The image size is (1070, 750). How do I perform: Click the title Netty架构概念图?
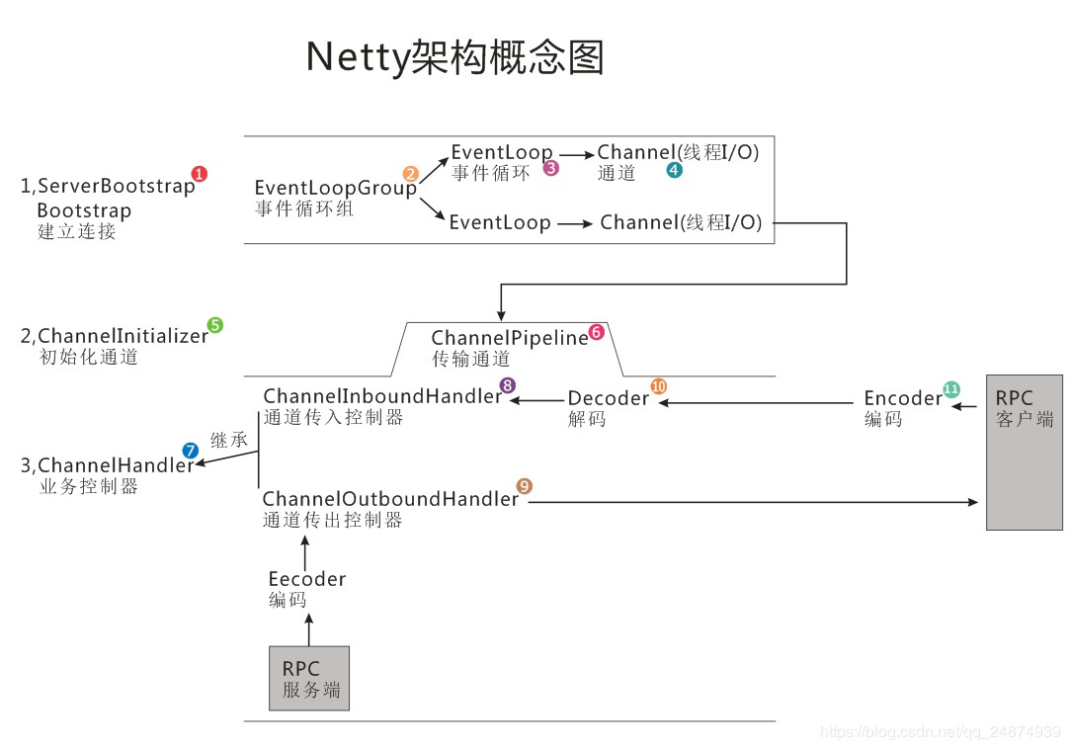coord(454,57)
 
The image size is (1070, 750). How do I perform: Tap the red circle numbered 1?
coord(200,174)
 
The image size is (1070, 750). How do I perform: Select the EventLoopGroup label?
coord(335,188)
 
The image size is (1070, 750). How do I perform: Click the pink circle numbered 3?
coord(551,168)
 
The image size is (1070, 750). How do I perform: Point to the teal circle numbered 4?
coord(674,170)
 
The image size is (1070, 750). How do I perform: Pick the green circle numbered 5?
coord(214,324)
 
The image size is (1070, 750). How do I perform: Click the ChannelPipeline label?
coord(509,339)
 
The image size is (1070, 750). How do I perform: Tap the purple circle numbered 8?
coord(508,385)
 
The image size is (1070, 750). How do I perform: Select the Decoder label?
coord(608,398)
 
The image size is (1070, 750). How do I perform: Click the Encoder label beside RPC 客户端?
coord(902,398)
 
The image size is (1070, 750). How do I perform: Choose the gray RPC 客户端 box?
coord(1024,452)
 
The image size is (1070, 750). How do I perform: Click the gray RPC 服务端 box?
coord(309,678)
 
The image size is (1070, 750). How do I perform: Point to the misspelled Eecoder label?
coord(306,579)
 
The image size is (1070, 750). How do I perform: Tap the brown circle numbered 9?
coord(525,485)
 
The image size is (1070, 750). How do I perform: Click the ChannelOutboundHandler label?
coord(390,499)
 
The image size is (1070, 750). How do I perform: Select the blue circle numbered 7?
coord(190,451)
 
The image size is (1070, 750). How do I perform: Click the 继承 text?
coord(229,440)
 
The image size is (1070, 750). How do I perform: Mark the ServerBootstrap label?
coord(116,186)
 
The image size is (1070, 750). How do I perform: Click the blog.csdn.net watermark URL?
coord(940,732)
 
